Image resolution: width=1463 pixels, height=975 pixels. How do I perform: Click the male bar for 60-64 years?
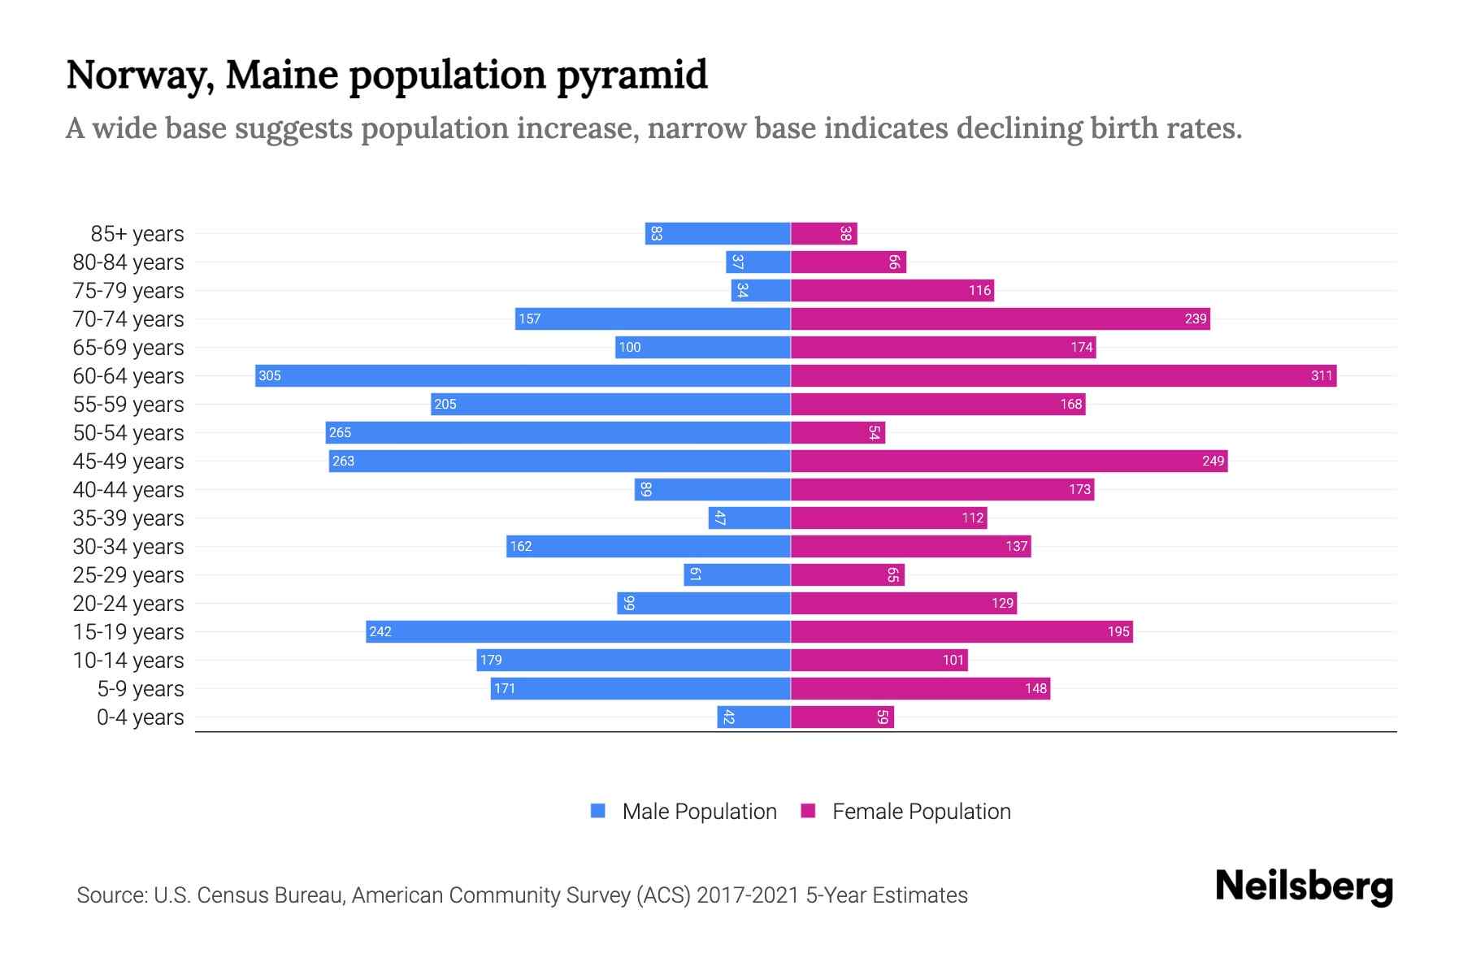[x=523, y=375]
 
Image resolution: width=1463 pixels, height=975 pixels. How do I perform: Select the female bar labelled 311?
[x=1063, y=375]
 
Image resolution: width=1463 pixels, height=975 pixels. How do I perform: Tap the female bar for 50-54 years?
[x=837, y=432]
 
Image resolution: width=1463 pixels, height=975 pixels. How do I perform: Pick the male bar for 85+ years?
[x=718, y=233]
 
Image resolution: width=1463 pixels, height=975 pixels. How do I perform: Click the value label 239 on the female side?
[x=1195, y=318]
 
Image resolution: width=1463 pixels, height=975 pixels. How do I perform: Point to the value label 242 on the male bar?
[x=380, y=631]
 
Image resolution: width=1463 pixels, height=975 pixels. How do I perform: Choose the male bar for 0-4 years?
[x=753, y=717]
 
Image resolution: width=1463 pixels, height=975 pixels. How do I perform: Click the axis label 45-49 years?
[x=128, y=461]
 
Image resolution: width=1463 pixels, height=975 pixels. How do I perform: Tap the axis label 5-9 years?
[x=140, y=688]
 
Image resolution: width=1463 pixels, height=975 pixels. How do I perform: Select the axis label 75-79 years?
[x=128, y=290]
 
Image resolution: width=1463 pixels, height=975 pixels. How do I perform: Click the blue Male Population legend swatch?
[x=598, y=811]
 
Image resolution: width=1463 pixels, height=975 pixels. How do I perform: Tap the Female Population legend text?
[x=921, y=811]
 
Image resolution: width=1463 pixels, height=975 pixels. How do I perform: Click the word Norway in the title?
[x=140, y=75]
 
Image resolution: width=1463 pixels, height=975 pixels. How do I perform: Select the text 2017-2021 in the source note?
[x=748, y=895]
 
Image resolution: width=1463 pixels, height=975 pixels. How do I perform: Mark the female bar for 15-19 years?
[x=962, y=631]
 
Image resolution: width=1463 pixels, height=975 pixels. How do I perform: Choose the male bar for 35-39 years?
[x=749, y=518]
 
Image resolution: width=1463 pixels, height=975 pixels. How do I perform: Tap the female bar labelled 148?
[x=920, y=688]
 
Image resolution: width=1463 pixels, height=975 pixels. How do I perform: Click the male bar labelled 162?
[x=648, y=546]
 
